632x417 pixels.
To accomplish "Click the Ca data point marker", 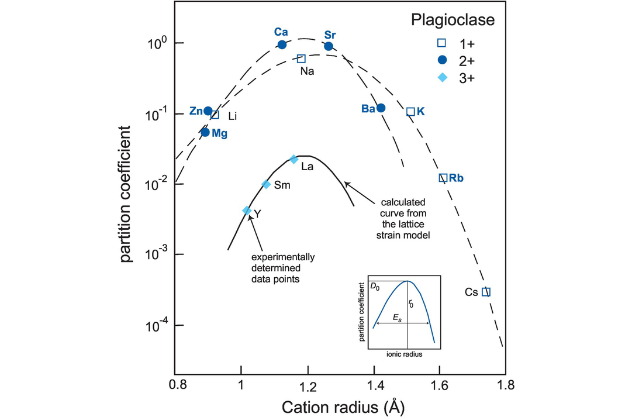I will tap(282, 44).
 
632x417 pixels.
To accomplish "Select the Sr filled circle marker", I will tap(329, 46).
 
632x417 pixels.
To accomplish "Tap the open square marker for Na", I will tap(301, 58).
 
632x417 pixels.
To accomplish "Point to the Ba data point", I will tap(381, 108).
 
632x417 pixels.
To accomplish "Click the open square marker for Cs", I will tap(486, 291).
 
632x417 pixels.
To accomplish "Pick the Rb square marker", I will tap(443, 178).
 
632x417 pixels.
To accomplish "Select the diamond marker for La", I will tap(294, 159).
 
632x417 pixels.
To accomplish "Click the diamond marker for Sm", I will tap(266, 184).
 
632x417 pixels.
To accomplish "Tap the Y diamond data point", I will tap(247, 211).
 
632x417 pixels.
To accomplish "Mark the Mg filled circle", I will tap(205, 132).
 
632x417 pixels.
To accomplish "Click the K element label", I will tap(421, 111).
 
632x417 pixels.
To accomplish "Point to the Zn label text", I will tap(196, 111).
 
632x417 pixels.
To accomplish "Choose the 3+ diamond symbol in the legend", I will tap(443, 79).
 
